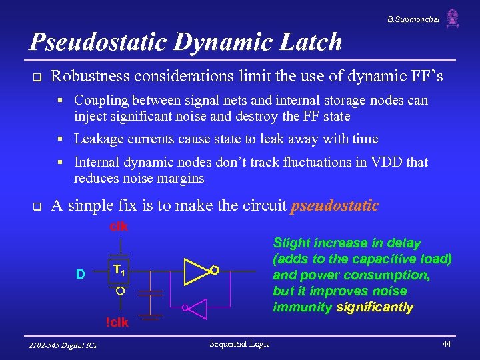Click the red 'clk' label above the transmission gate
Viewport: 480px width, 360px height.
tap(119, 227)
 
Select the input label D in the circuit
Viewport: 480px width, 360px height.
tap(80, 274)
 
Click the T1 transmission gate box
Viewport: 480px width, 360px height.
tap(119, 271)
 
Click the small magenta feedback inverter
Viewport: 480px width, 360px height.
tap(197, 308)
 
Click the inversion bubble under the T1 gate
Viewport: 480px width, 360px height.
tap(119, 291)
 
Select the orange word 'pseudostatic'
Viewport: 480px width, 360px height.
tap(335, 206)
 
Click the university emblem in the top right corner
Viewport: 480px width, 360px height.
tap(453, 18)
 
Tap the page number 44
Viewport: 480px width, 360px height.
tap(447, 344)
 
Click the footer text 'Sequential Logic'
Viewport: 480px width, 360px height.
tap(239, 344)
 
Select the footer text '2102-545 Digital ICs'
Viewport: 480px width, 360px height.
tap(63, 345)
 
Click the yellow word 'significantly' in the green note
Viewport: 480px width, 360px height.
tap(375, 307)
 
